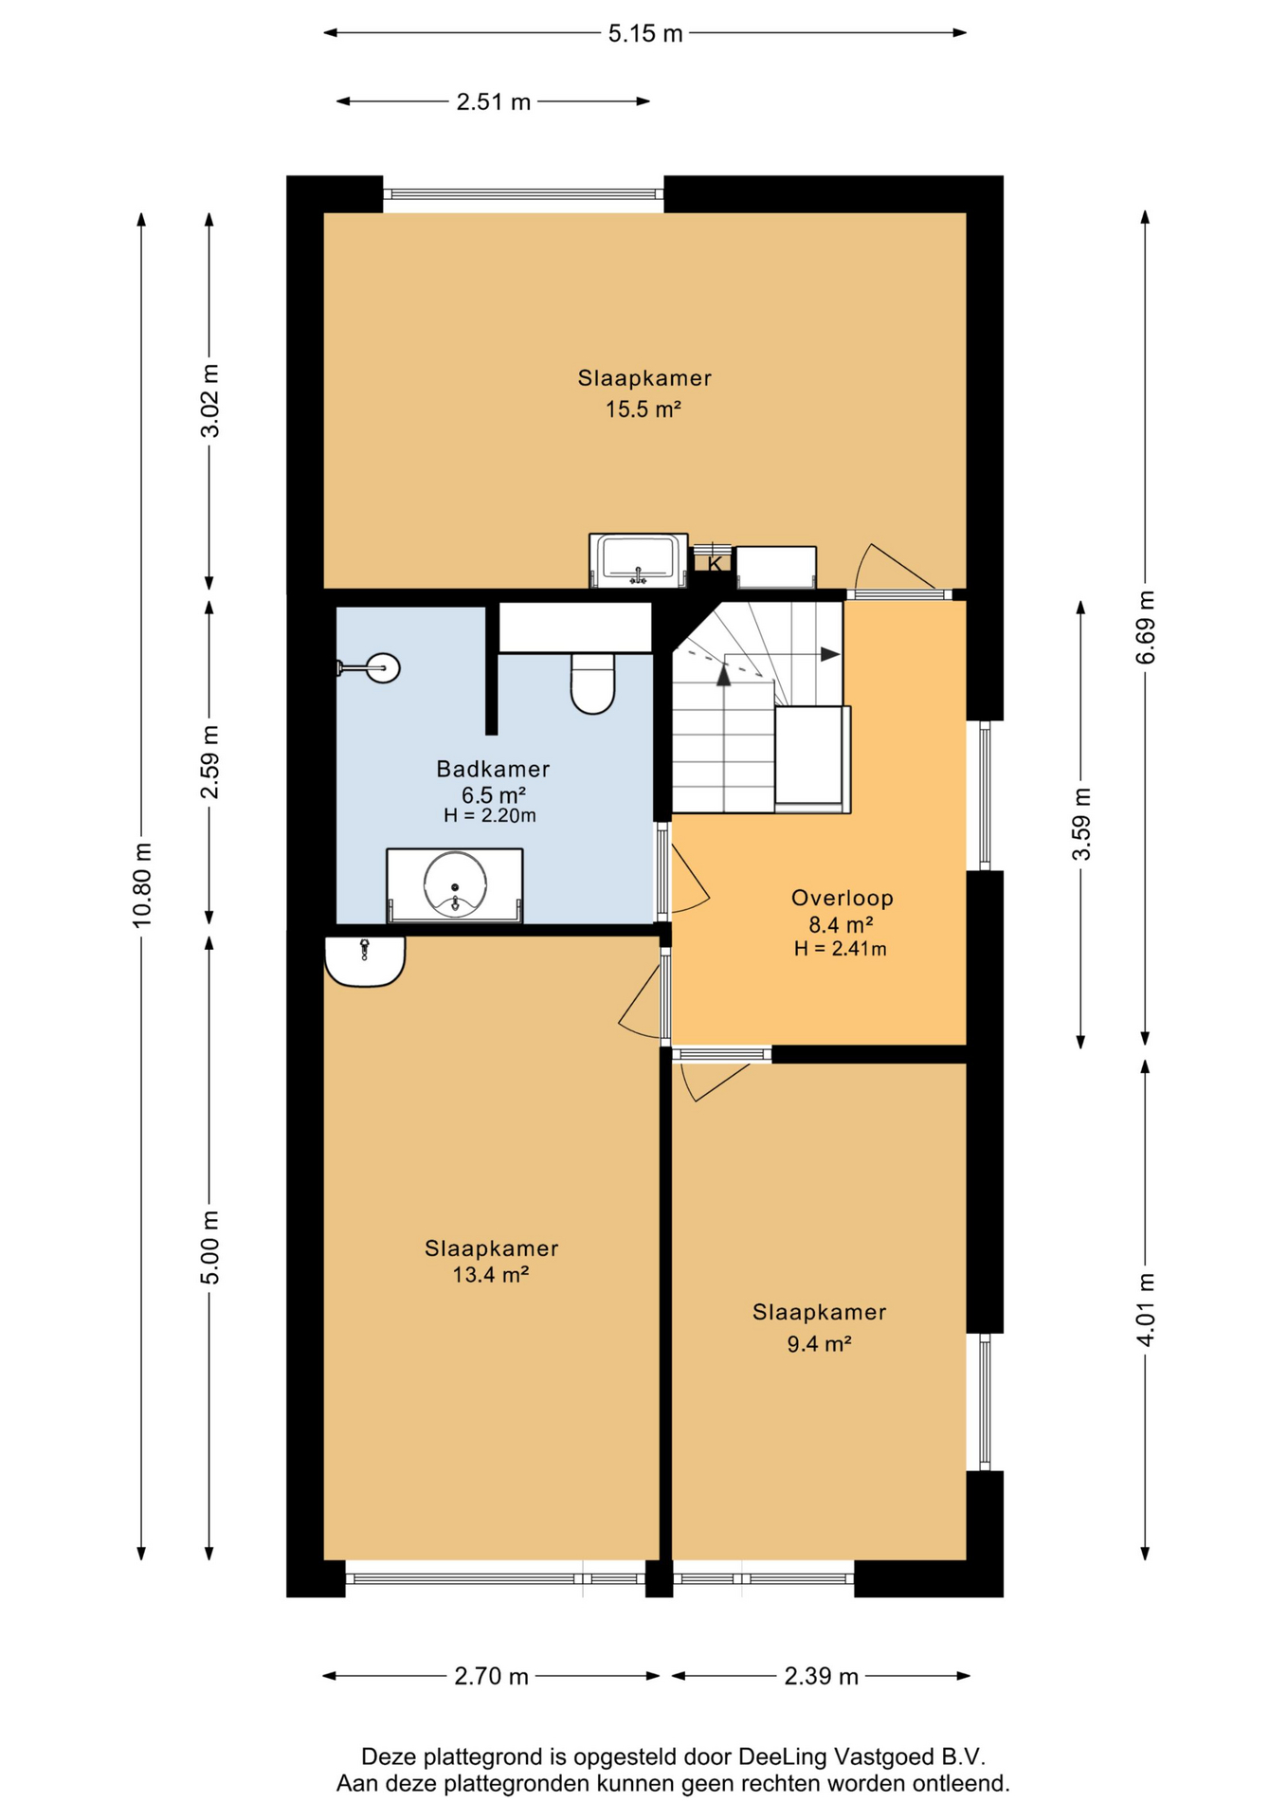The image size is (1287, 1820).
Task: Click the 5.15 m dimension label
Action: tap(644, 34)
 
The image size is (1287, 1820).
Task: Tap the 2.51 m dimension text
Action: tap(493, 102)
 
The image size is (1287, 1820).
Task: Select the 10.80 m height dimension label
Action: tap(142, 884)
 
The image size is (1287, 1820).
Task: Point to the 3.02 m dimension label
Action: tap(209, 400)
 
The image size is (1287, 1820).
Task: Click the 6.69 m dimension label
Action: tap(1146, 628)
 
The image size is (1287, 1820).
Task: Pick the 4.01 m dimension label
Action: tap(1146, 1309)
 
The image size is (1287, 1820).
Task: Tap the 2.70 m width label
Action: tap(491, 1676)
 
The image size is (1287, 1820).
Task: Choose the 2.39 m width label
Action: tap(821, 1676)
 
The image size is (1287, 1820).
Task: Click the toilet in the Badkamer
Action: tap(593, 682)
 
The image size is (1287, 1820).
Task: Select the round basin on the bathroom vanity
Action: tap(455, 884)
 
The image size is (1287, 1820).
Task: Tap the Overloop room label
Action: tap(843, 898)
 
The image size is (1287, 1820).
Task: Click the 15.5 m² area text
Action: tap(643, 409)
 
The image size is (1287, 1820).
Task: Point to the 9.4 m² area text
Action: tap(819, 1343)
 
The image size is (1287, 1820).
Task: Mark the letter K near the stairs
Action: tap(715, 564)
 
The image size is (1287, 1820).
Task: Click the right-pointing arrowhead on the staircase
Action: tap(830, 654)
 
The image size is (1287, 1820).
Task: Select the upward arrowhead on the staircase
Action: tap(724, 675)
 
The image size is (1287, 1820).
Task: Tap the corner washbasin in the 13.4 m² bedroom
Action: tap(365, 961)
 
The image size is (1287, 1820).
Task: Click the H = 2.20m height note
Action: tap(490, 815)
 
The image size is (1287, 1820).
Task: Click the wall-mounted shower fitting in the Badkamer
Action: tap(369, 668)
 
